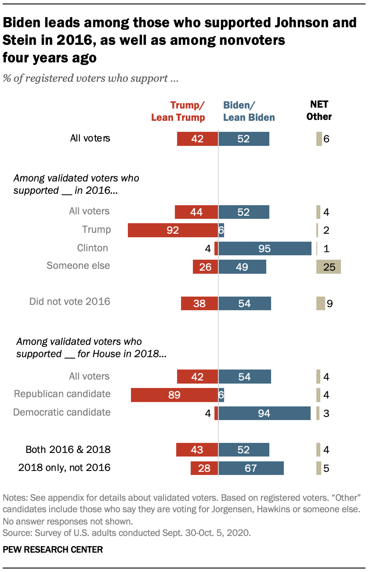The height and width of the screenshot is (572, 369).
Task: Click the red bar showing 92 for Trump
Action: (173, 230)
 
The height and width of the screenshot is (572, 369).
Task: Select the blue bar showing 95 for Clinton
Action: (265, 248)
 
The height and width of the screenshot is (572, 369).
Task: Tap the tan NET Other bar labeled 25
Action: (328, 267)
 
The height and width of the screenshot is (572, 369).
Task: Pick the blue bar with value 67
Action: (251, 468)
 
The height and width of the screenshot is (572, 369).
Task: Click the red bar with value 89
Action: (174, 395)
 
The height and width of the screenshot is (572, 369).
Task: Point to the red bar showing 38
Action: (199, 303)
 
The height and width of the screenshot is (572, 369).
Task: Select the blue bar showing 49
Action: (242, 267)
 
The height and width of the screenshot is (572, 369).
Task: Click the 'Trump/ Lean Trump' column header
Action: (178, 111)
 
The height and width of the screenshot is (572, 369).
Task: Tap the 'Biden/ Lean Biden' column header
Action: (249, 111)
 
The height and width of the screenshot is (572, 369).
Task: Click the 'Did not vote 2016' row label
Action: (69, 302)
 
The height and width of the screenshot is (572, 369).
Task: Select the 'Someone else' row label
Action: (78, 265)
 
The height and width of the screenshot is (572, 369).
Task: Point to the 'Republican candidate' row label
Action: (62, 394)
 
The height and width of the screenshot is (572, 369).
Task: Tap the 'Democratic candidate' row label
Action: (61, 412)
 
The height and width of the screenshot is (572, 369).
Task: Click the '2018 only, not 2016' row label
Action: (64, 468)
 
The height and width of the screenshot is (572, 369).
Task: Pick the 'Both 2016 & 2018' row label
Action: (68, 449)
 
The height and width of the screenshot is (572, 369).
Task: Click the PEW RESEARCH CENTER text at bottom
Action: (53, 549)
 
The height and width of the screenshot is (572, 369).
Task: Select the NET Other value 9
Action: (329, 304)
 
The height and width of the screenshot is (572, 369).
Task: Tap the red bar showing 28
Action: (204, 468)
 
